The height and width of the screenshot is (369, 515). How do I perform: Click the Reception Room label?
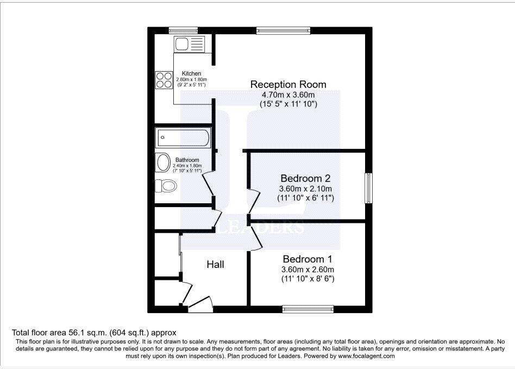(x=288, y=84)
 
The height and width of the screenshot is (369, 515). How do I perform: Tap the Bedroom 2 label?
(x=305, y=178)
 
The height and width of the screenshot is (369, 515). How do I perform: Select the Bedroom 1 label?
(x=307, y=259)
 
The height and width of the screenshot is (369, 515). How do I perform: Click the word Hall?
(x=215, y=265)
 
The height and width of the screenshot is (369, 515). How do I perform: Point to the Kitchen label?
(x=191, y=73)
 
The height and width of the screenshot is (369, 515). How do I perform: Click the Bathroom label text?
(x=187, y=160)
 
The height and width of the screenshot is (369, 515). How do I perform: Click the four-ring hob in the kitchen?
(x=164, y=80)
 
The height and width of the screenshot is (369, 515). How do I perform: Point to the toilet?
(x=166, y=186)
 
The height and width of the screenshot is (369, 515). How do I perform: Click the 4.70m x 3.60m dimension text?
(x=288, y=94)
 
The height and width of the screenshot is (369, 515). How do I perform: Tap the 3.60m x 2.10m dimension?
(x=305, y=189)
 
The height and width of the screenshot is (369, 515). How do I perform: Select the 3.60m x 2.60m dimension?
(x=307, y=270)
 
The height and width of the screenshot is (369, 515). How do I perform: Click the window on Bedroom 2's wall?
(x=369, y=187)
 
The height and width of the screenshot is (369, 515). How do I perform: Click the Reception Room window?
(x=283, y=30)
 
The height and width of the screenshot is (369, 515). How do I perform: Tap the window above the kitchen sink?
(x=183, y=30)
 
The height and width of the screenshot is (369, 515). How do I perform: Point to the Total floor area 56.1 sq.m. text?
(x=94, y=332)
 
